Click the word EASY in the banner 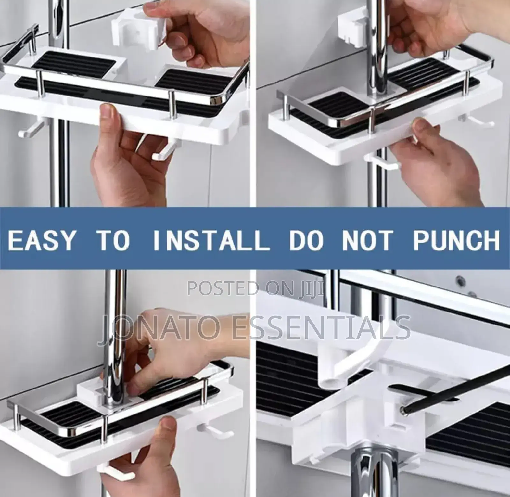click(x=41, y=240)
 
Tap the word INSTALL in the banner click(x=211, y=240)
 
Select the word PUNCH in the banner click(x=456, y=240)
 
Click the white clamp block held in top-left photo click(x=138, y=31)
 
